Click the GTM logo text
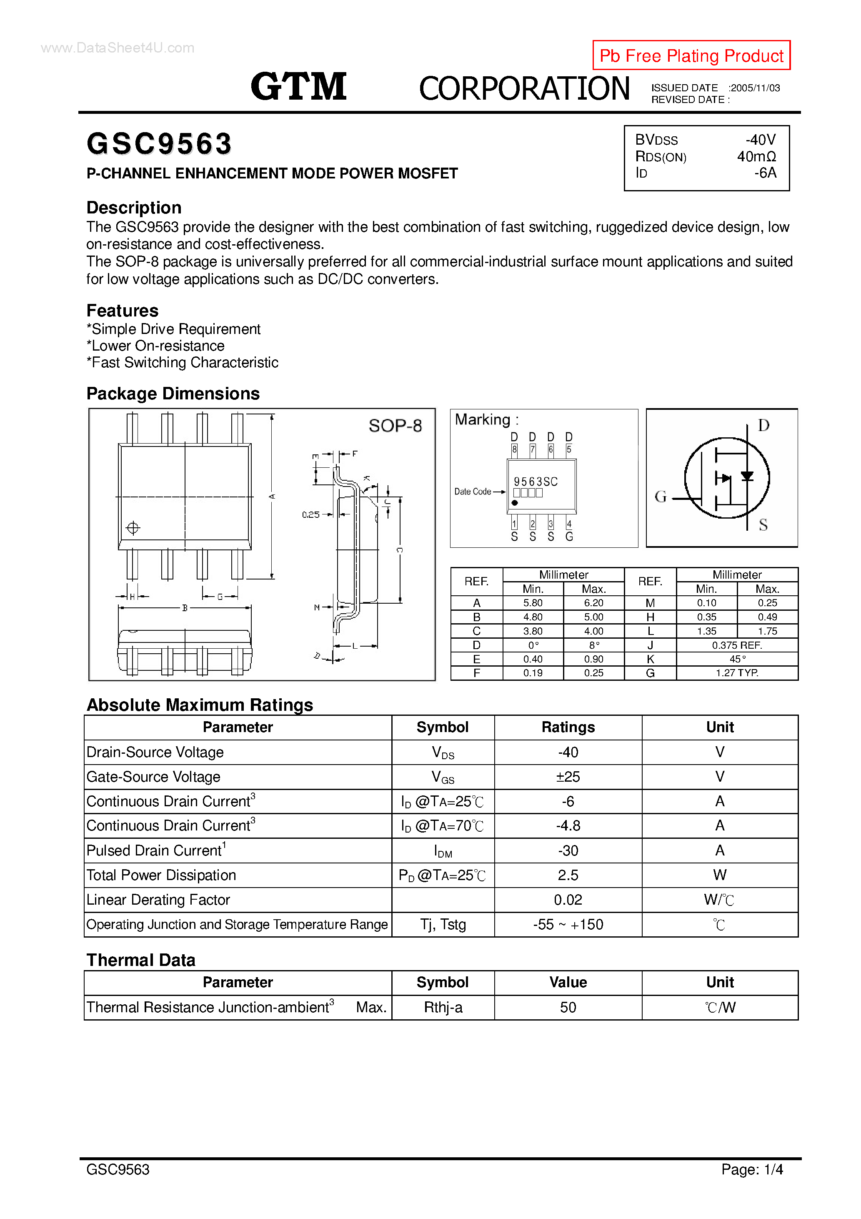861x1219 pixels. click(298, 87)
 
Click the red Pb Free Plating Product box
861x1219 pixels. click(691, 55)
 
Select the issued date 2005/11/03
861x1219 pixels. click(755, 88)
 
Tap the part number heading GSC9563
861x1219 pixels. click(159, 144)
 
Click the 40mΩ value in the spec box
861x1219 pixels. click(756, 157)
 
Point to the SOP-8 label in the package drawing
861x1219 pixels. click(395, 426)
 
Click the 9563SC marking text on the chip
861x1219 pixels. click(535, 482)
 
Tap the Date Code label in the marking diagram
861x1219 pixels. click(473, 492)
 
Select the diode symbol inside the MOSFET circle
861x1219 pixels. click(747, 476)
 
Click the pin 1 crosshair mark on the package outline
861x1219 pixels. click(133, 528)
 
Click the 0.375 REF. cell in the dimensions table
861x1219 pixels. click(736, 645)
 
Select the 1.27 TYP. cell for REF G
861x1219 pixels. click(736, 673)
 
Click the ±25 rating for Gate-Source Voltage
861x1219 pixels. click(568, 777)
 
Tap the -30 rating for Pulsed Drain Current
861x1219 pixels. click(568, 850)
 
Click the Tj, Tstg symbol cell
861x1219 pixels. click(443, 924)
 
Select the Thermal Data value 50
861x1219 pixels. click(568, 1007)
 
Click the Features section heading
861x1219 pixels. click(123, 311)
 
